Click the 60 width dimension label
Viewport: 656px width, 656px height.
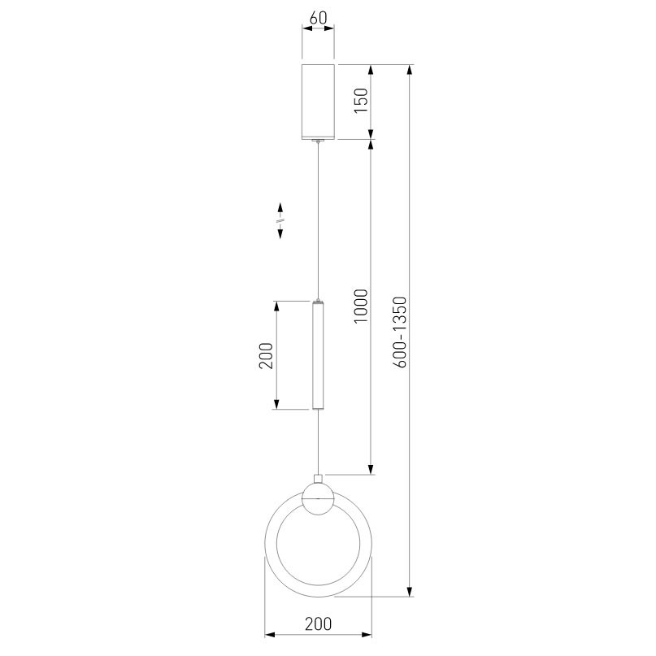pyautogui.click(x=318, y=18)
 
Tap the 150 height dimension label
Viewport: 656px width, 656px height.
pyautogui.click(x=361, y=100)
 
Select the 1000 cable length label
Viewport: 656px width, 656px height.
pyautogui.click(x=361, y=306)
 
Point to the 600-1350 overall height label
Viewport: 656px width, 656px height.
pyautogui.click(x=400, y=332)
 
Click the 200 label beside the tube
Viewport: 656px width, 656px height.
pyautogui.click(x=266, y=355)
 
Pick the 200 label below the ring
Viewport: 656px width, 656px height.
pyautogui.click(x=318, y=623)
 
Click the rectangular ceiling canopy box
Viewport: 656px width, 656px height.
pyautogui.click(x=318, y=102)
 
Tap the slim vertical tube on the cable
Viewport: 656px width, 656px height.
pyautogui.click(x=318, y=354)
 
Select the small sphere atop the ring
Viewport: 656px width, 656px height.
pyautogui.click(x=318, y=498)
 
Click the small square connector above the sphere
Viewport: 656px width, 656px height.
pyautogui.click(x=318, y=479)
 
